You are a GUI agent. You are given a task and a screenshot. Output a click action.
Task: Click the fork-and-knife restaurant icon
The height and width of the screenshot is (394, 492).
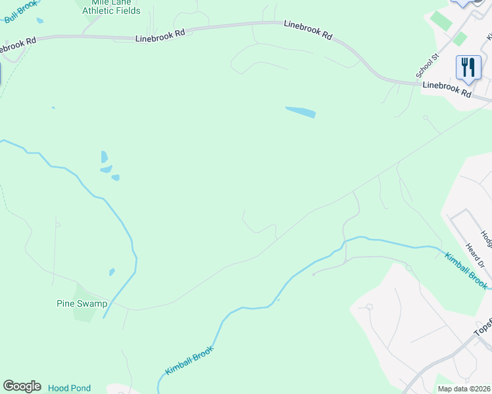(468, 67)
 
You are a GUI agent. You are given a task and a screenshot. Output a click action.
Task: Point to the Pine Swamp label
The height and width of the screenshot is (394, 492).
(81, 304)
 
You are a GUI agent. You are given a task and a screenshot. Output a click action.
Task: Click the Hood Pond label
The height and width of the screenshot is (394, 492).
(69, 388)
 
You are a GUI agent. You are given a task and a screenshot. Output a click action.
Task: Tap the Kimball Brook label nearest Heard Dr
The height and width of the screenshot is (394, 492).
(466, 270)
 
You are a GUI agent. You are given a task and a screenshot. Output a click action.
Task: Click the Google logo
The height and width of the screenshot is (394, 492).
(22, 386)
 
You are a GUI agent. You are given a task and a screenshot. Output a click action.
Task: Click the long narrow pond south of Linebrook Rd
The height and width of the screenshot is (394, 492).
(301, 112)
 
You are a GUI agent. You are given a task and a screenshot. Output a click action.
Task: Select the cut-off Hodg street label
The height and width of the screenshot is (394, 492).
(485, 240)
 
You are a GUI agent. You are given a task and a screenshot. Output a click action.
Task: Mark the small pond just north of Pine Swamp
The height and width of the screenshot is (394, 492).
(112, 272)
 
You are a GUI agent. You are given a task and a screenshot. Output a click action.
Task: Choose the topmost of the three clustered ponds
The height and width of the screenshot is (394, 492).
(104, 156)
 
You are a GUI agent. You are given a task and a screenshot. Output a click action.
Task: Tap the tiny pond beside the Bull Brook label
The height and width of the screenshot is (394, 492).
(40, 21)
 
